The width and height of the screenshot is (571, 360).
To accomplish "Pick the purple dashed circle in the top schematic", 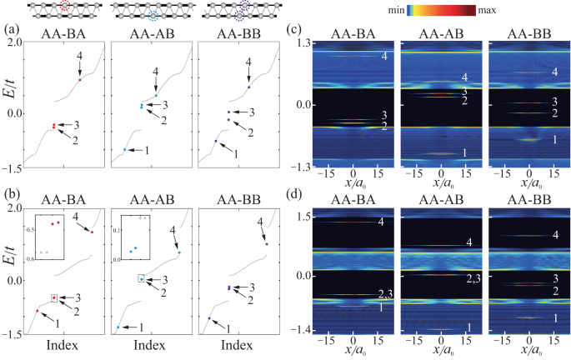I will click(243, 10).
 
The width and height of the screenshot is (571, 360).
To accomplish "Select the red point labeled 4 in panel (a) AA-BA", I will click(80, 80).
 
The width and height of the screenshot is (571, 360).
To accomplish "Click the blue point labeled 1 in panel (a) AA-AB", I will click(124, 150).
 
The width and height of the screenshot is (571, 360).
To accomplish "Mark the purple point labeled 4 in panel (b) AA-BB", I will click(266, 243).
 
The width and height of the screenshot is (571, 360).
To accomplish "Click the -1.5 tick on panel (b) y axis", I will click(12, 333).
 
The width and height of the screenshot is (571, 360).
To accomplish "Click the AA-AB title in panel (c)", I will click(439, 32).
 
